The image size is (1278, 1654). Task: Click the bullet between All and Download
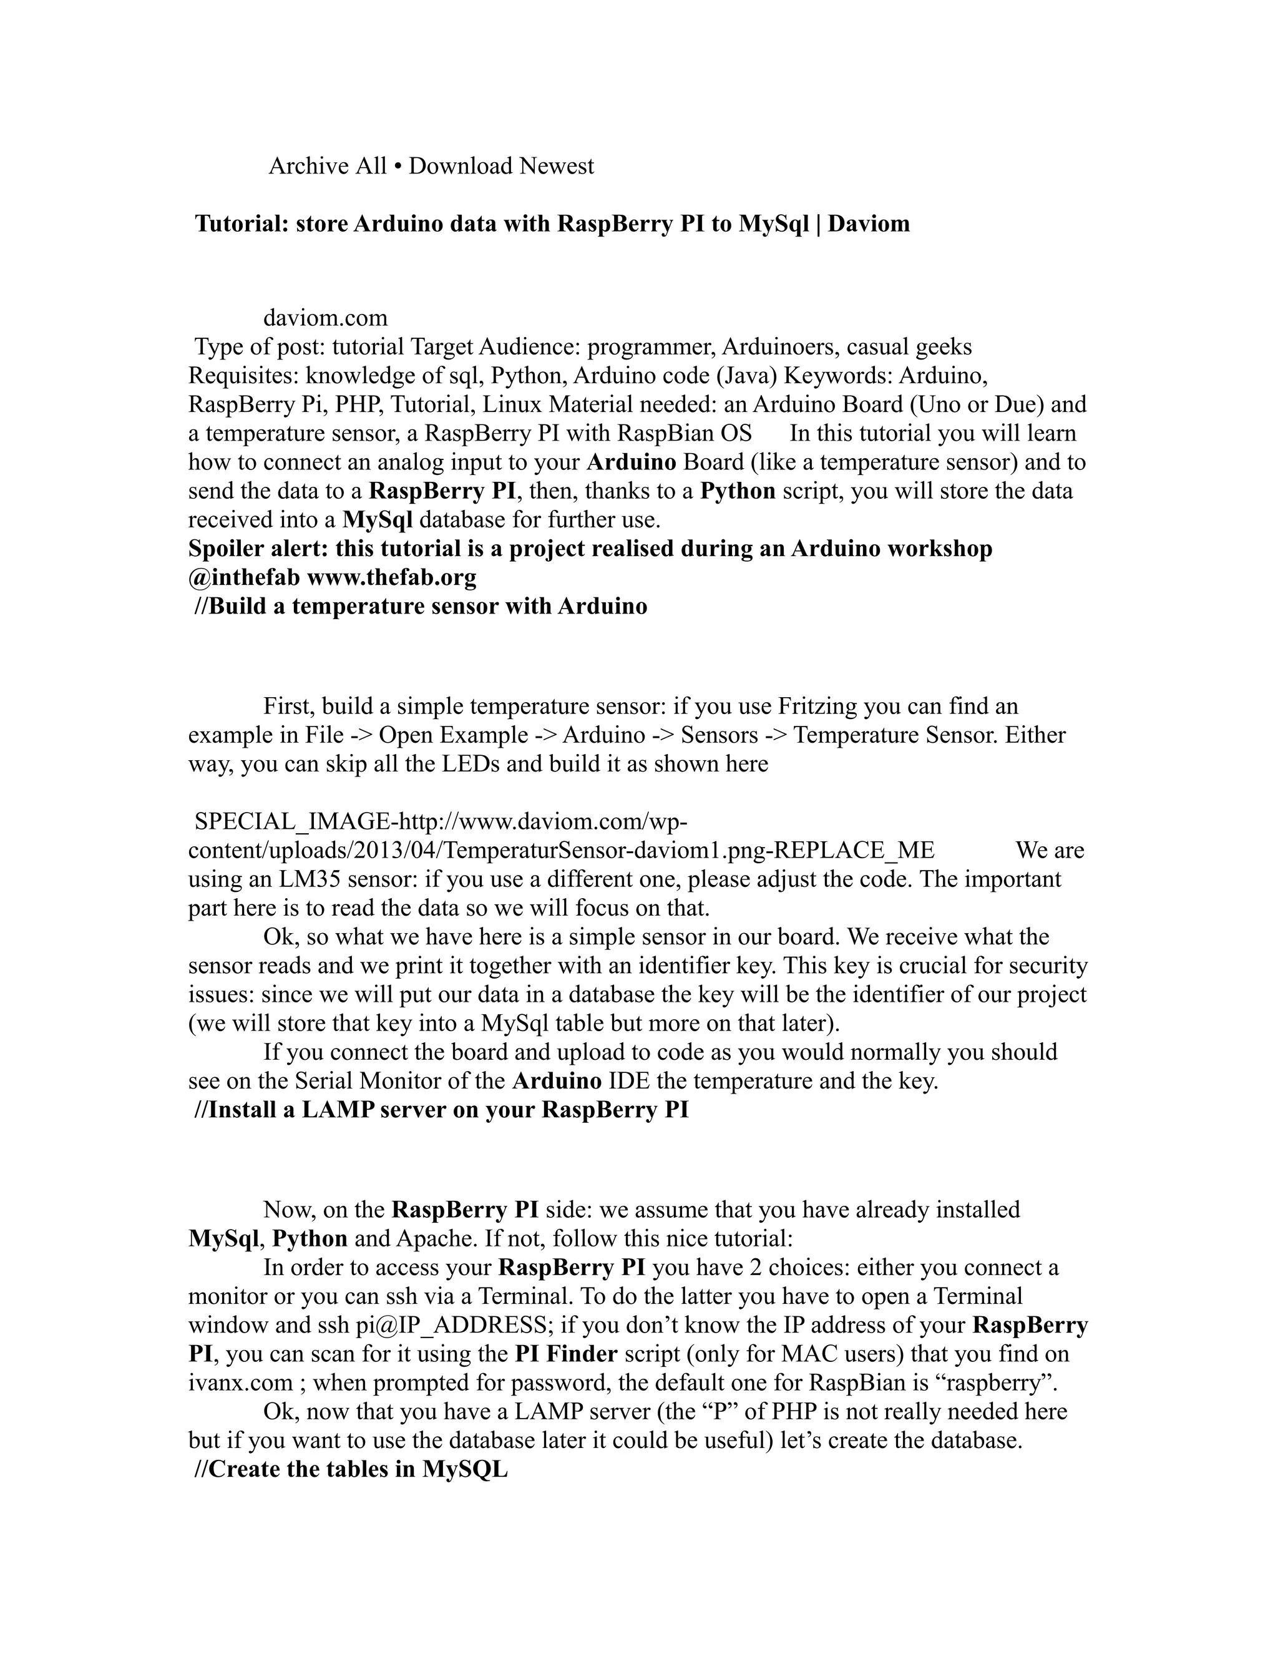pyautogui.click(x=398, y=167)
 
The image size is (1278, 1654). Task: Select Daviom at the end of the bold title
pyautogui.click(x=869, y=224)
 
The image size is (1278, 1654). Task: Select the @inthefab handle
pyautogui.click(x=244, y=577)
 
